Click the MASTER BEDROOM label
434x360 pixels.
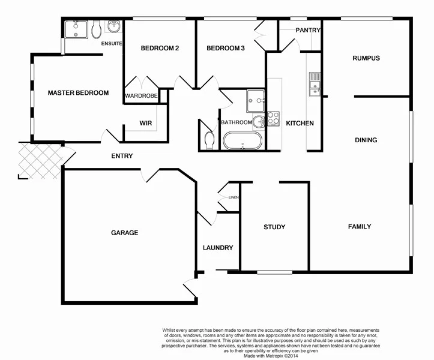[78, 93]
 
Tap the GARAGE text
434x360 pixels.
[124, 233]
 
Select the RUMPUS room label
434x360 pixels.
[366, 58]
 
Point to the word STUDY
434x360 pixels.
[274, 227]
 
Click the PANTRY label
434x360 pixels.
[308, 30]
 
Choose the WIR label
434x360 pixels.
[145, 123]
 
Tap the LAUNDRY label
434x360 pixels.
[218, 248]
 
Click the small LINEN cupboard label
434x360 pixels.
[234, 197]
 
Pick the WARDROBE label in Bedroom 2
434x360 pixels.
[141, 96]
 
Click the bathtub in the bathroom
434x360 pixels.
[243, 142]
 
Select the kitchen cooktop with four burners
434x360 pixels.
[273, 118]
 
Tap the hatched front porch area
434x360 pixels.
[40, 160]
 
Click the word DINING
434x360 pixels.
[366, 140]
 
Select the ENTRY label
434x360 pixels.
[122, 157]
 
